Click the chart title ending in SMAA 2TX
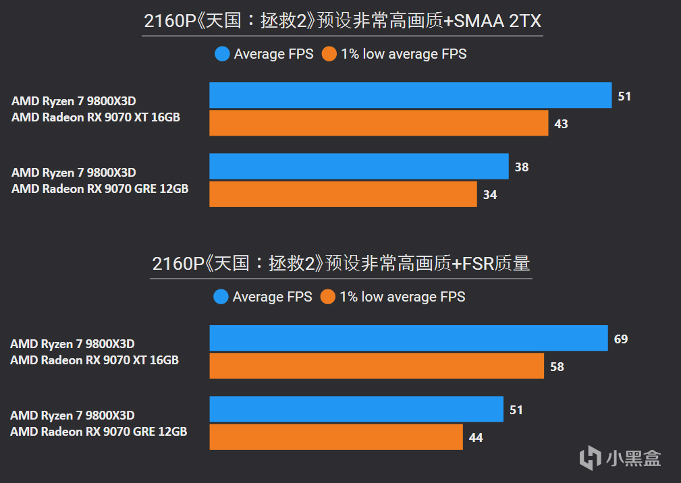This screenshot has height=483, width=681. (x=342, y=22)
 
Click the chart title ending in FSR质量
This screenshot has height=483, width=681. (x=341, y=264)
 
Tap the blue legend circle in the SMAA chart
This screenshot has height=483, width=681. (x=222, y=54)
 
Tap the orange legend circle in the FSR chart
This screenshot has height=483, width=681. (x=329, y=297)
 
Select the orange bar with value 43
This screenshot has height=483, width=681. (x=379, y=123)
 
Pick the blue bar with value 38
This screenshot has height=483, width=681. (x=358, y=167)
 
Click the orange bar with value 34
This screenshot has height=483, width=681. (x=343, y=194)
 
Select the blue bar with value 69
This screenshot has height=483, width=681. (x=408, y=338)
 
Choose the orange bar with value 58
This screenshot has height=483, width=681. (x=377, y=366)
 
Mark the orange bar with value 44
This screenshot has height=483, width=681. (x=336, y=437)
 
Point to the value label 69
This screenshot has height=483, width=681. (x=621, y=339)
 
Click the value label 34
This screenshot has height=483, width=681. (x=490, y=195)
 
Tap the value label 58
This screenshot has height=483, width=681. (x=557, y=367)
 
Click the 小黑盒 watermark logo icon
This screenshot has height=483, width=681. (x=590, y=458)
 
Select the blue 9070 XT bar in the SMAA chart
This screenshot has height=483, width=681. (x=410, y=96)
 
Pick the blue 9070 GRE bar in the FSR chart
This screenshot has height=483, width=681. (x=356, y=409)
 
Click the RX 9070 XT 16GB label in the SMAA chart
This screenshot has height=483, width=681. (x=96, y=117)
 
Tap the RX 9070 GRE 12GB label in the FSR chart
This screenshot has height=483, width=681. (x=99, y=432)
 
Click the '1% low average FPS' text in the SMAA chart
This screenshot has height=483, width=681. (x=404, y=54)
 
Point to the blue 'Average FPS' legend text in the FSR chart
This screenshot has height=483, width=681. (x=272, y=297)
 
